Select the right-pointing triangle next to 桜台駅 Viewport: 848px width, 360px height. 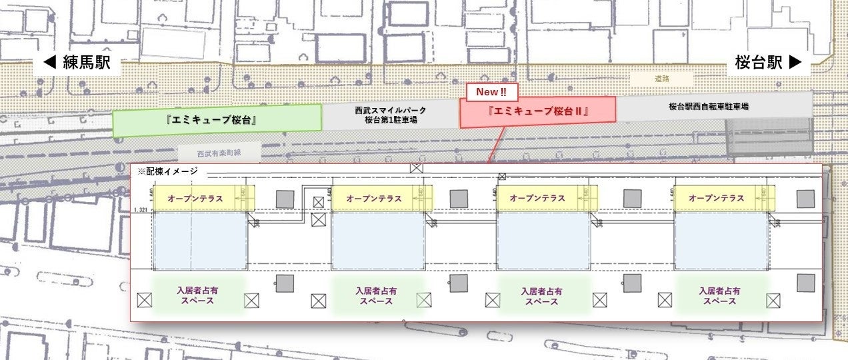click(x=794, y=63)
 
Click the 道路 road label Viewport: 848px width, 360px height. click(x=661, y=79)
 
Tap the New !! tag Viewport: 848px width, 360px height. click(x=492, y=92)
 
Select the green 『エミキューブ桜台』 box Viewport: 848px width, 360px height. click(x=217, y=121)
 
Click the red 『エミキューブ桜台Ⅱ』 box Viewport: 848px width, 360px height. click(x=537, y=111)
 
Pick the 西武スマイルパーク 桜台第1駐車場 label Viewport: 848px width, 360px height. click(x=390, y=115)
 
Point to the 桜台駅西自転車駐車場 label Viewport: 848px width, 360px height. click(x=708, y=106)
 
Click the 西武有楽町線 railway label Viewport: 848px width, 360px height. click(x=218, y=153)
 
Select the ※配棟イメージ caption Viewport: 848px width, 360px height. click(x=167, y=171)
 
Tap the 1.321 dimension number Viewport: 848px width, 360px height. click(x=140, y=211)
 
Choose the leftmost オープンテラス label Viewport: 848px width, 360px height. click(x=195, y=198)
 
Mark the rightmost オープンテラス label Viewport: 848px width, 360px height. click(x=716, y=198)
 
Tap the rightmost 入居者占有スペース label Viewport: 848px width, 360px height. click(x=719, y=295)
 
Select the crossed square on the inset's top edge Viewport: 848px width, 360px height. click(x=416, y=167)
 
